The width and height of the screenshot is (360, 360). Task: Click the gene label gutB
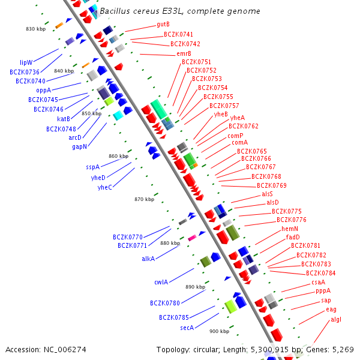coord(163,25)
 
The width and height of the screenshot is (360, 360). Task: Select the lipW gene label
coord(26,62)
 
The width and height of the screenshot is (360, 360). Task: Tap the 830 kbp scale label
coord(35,29)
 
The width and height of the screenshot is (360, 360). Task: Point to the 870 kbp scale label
coord(145,199)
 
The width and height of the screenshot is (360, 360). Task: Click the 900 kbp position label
coord(219,331)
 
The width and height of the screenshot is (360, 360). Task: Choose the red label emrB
coord(184,53)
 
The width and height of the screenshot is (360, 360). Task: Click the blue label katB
coord(64,119)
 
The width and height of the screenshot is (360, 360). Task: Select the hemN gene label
coord(290,229)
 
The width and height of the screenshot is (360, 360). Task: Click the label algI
coord(335,319)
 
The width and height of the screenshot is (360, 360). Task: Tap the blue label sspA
coord(92,167)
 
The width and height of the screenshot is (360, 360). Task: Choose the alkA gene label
coord(148,259)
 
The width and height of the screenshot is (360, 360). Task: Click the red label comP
coord(235,136)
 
